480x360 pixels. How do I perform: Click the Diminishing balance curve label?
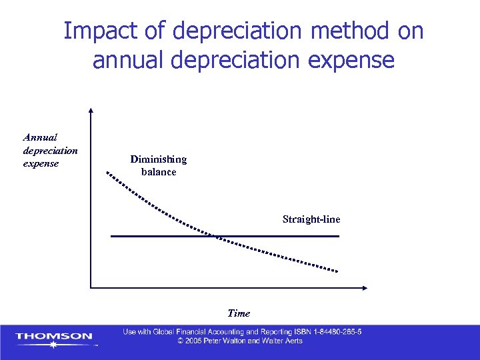tap(159, 165)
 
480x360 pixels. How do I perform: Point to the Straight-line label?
tap(311, 219)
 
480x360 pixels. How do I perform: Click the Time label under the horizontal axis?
tap(239, 313)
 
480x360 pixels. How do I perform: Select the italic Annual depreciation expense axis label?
tap(50, 150)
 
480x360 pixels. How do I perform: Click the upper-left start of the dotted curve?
tap(107, 173)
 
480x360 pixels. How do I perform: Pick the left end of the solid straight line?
tap(111, 236)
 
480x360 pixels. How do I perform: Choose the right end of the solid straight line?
tap(339, 236)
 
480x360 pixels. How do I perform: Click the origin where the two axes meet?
tap(91, 288)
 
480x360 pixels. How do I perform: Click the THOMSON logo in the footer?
tap(54, 337)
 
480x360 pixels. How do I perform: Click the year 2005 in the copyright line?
tap(195, 341)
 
